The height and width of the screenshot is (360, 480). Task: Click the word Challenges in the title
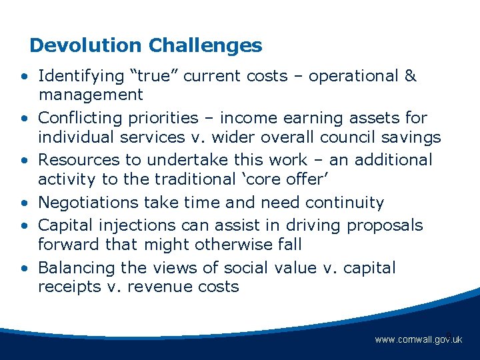pos(205,45)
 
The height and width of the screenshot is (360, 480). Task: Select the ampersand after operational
pos(410,76)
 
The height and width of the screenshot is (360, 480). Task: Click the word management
pos(91,95)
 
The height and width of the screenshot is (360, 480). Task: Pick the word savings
pos(413,137)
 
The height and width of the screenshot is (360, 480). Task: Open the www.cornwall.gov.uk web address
pos(418,340)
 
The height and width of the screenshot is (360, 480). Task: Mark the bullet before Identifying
pos(24,77)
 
